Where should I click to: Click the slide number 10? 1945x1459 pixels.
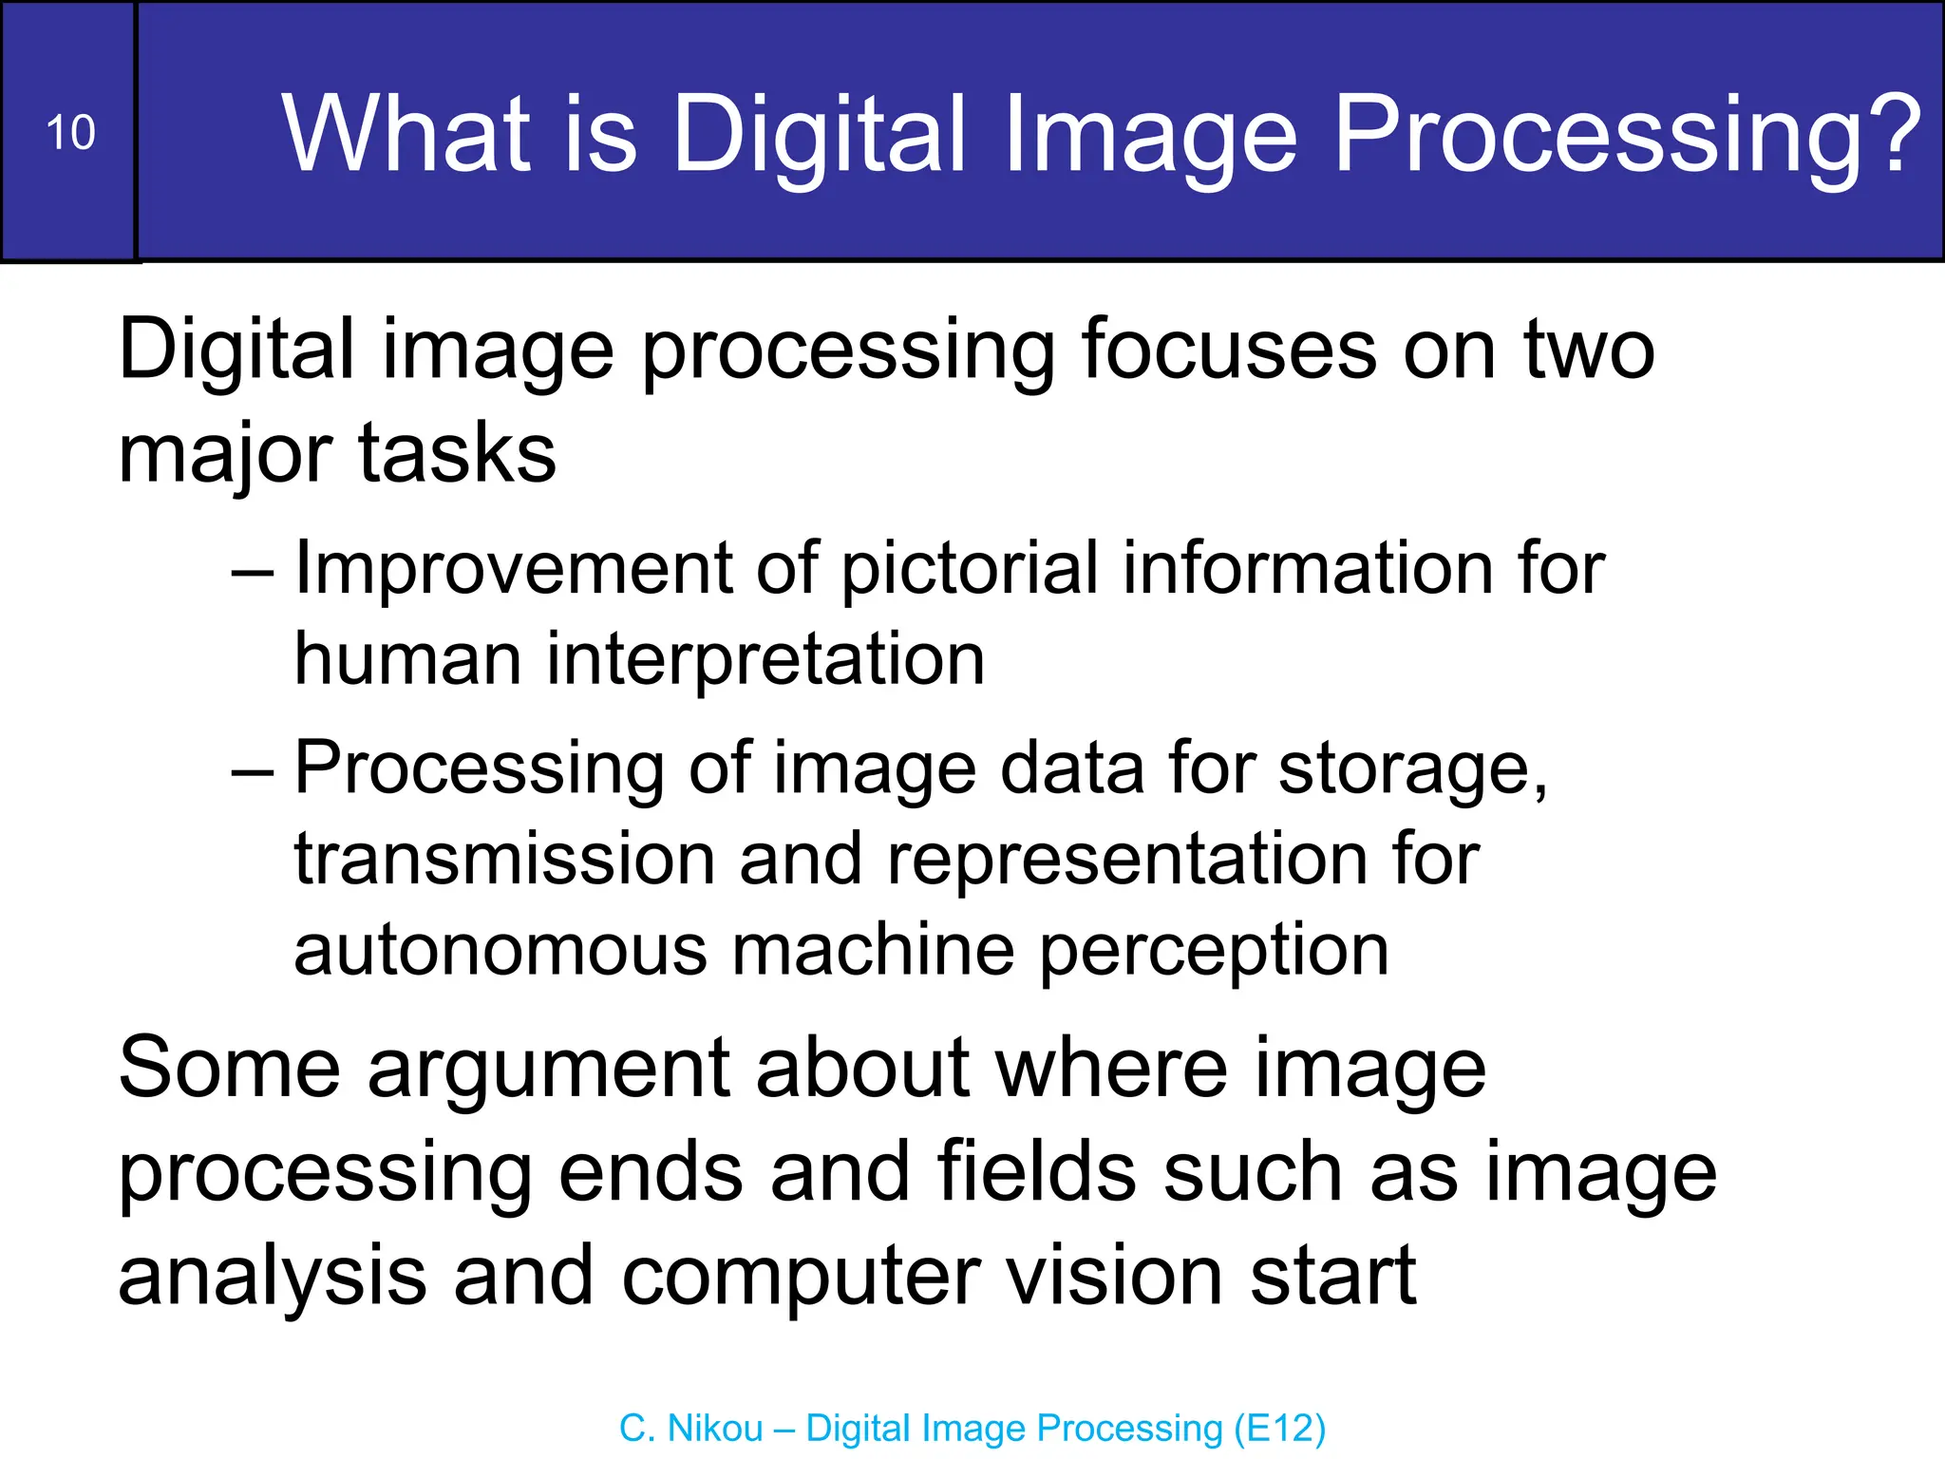click(x=70, y=132)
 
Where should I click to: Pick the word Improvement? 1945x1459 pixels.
click(x=514, y=568)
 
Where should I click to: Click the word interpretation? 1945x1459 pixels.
click(x=765, y=659)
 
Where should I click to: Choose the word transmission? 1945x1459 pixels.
click(x=504, y=859)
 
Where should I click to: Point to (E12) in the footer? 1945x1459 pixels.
click(x=1279, y=1428)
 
